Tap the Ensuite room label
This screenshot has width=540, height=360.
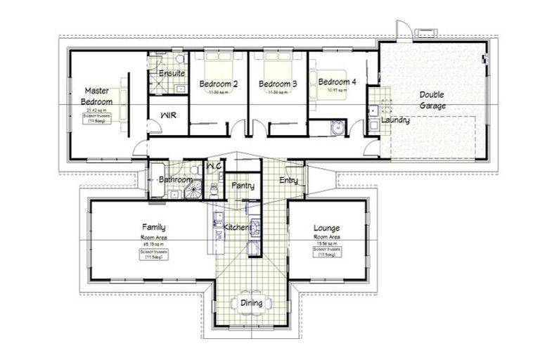[172, 73]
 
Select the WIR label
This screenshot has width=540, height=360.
[168, 114]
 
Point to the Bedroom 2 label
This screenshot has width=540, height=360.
[218, 84]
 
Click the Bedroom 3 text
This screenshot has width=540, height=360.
[278, 84]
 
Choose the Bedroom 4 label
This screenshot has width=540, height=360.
[337, 82]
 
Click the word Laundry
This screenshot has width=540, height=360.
[394, 120]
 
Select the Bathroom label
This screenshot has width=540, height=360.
[175, 180]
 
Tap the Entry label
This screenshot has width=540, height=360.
[288, 181]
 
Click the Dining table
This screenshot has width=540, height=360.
[252, 302]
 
